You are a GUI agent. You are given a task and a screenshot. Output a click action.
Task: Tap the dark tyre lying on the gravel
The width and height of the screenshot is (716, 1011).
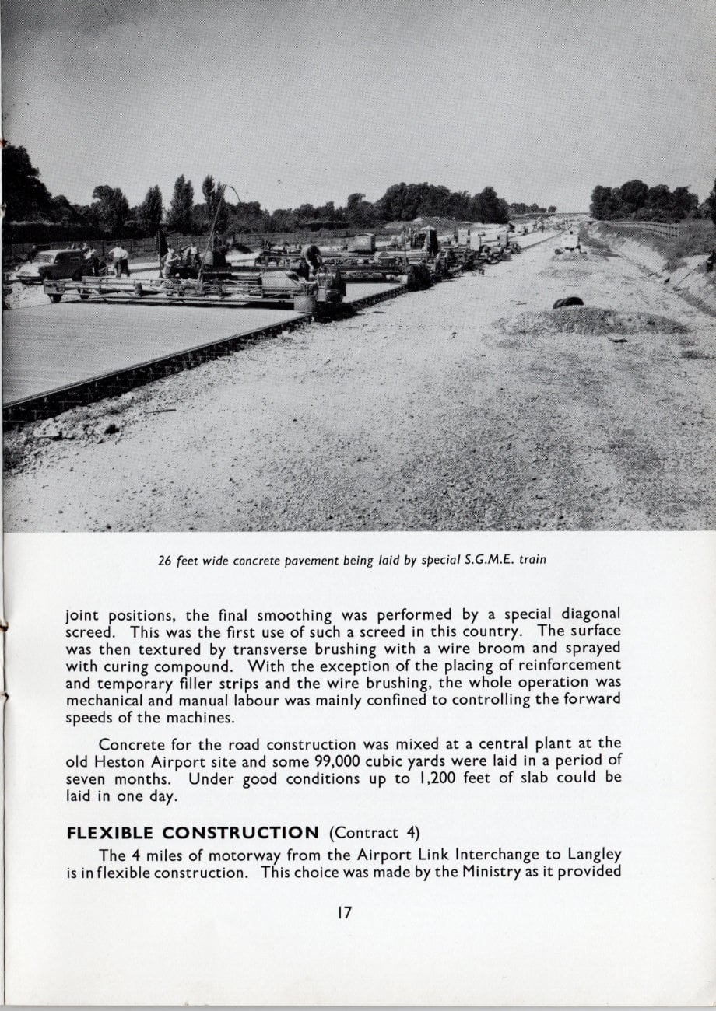click(568, 302)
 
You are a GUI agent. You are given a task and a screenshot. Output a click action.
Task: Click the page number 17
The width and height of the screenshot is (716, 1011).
click(345, 912)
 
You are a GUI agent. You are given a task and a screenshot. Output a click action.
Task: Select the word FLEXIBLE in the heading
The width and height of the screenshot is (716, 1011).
click(117, 833)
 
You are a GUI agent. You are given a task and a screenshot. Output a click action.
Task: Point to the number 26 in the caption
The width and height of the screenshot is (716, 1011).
click(165, 559)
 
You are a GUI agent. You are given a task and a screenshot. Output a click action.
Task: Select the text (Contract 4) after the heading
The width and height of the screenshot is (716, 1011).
click(375, 833)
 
